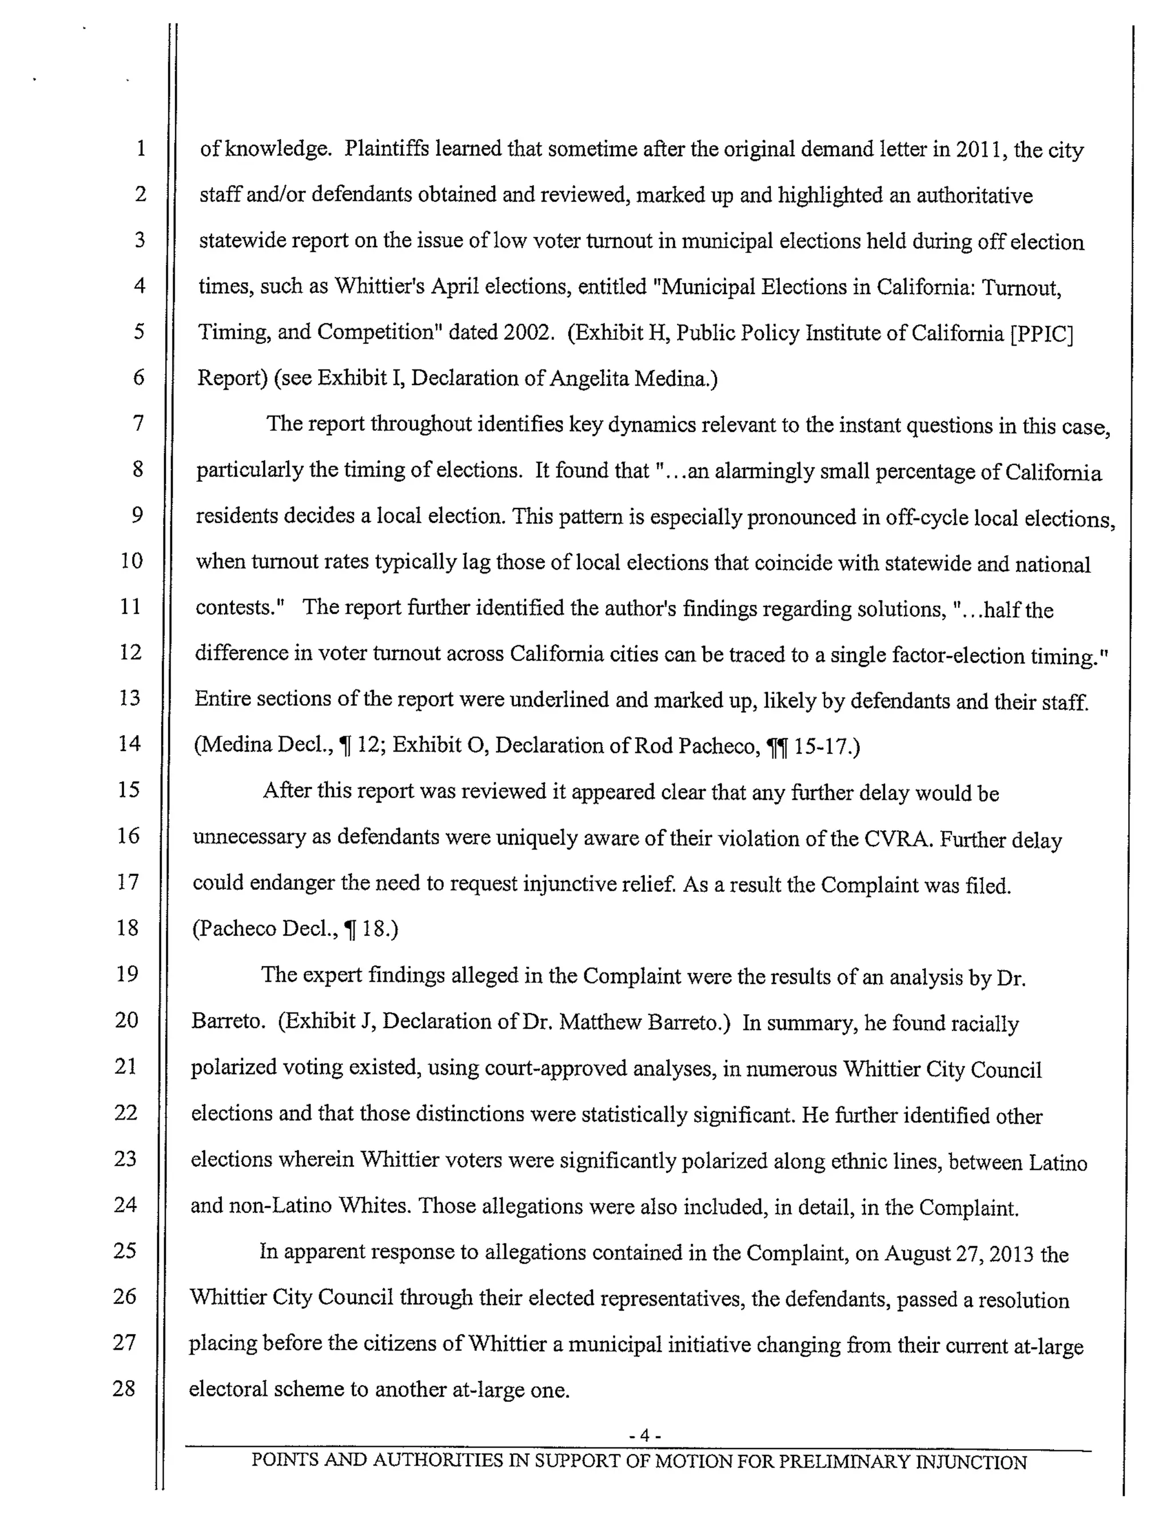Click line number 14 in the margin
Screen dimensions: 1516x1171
(x=129, y=744)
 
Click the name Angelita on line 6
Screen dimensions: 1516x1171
(x=589, y=378)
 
